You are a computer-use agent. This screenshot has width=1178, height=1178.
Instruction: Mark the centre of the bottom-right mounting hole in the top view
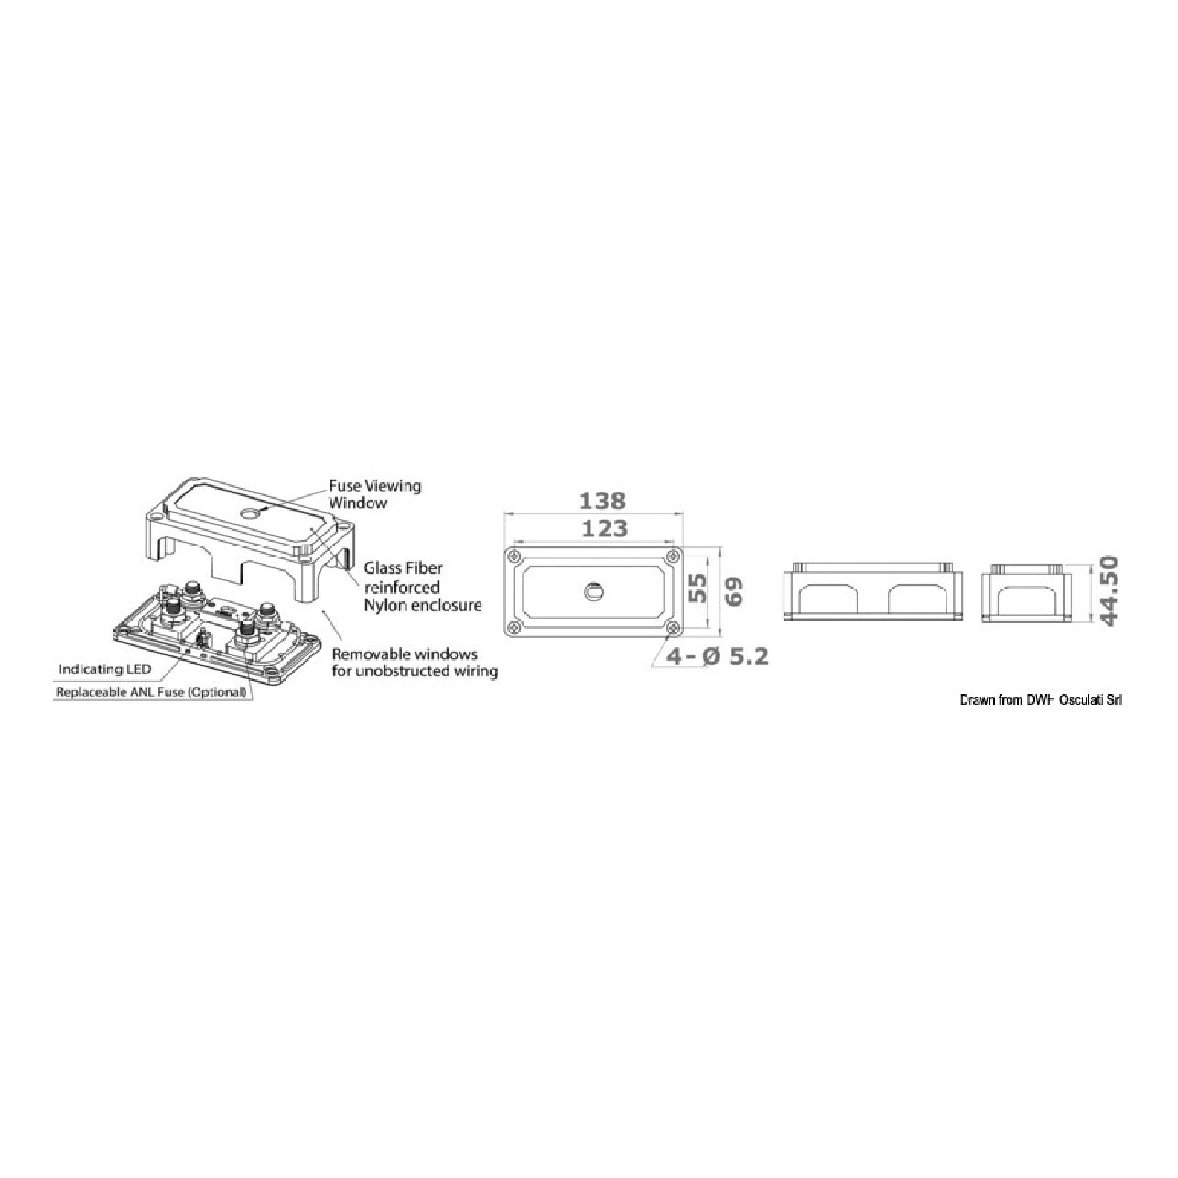674,627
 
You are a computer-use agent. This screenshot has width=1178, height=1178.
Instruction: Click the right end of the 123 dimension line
674,541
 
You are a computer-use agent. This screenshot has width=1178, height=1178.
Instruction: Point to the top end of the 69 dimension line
721,547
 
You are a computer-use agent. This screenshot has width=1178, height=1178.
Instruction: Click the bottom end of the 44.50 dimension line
1091,622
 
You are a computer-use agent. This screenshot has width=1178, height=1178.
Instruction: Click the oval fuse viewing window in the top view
592,590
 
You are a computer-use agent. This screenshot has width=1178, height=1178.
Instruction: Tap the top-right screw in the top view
674,556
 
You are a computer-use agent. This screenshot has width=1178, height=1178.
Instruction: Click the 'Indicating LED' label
104,669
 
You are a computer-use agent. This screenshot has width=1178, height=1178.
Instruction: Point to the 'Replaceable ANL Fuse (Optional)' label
151,693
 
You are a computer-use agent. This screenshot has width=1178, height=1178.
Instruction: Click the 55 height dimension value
698,589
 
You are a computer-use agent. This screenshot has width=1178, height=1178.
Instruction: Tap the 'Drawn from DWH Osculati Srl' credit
1041,700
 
